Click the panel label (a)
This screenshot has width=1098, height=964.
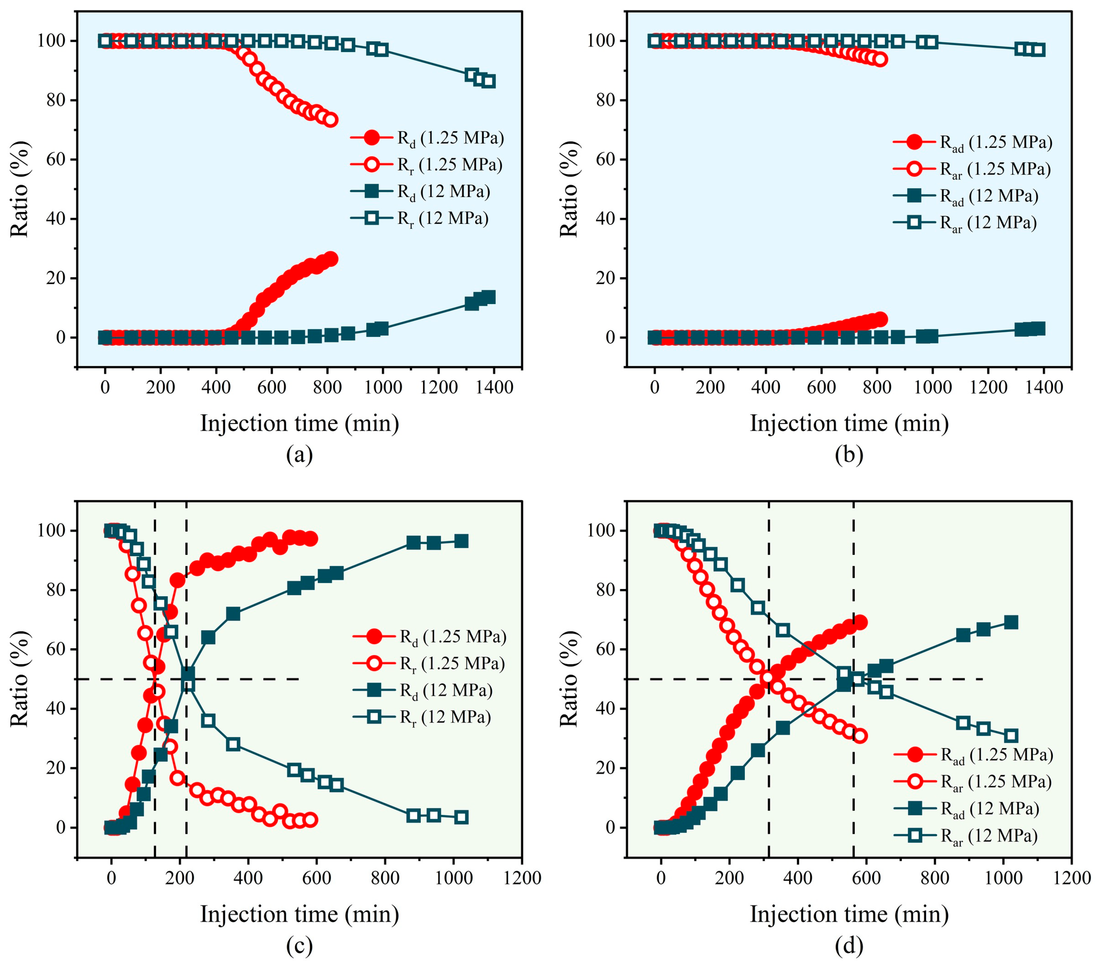coord(299,455)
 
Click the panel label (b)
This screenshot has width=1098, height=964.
coord(849,455)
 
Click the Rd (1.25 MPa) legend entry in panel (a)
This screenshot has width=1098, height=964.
coord(427,138)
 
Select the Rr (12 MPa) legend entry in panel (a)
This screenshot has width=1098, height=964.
coord(419,219)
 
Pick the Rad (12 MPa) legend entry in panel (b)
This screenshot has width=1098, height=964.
coord(965,196)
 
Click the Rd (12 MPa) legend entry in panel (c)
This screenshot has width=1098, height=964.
coord(423,691)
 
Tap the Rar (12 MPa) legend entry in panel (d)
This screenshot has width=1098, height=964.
coord(966,836)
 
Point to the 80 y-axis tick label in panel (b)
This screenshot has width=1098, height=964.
coord(605,100)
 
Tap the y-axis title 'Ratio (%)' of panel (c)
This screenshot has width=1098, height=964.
coord(19,679)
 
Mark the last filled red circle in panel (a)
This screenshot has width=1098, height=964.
coord(331,259)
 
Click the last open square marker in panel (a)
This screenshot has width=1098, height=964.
coord(488,81)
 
